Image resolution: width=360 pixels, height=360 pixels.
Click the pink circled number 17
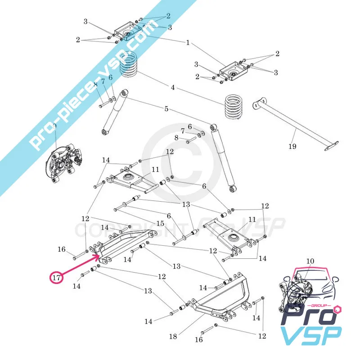[x=56, y=278]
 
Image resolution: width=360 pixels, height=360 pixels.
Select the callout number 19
[x=292, y=146]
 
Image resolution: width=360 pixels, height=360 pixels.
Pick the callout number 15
[x=160, y=224]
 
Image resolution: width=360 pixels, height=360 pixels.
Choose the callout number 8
[x=176, y=137]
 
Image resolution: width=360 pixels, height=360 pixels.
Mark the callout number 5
[x=166, y=108]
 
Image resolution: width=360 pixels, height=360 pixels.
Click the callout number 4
[x=172, y=87]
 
